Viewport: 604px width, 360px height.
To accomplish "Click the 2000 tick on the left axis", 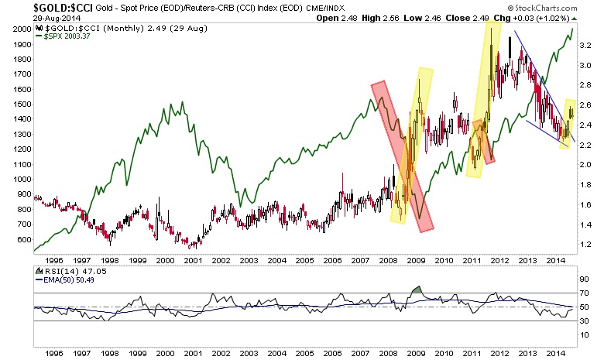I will [21, 29].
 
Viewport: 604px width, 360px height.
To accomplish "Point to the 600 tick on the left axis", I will [23, 240].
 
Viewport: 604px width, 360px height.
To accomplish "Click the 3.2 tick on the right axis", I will [586, 46].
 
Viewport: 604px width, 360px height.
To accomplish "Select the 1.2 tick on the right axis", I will [586, 245].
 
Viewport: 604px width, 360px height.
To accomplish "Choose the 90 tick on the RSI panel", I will [584, 276].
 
